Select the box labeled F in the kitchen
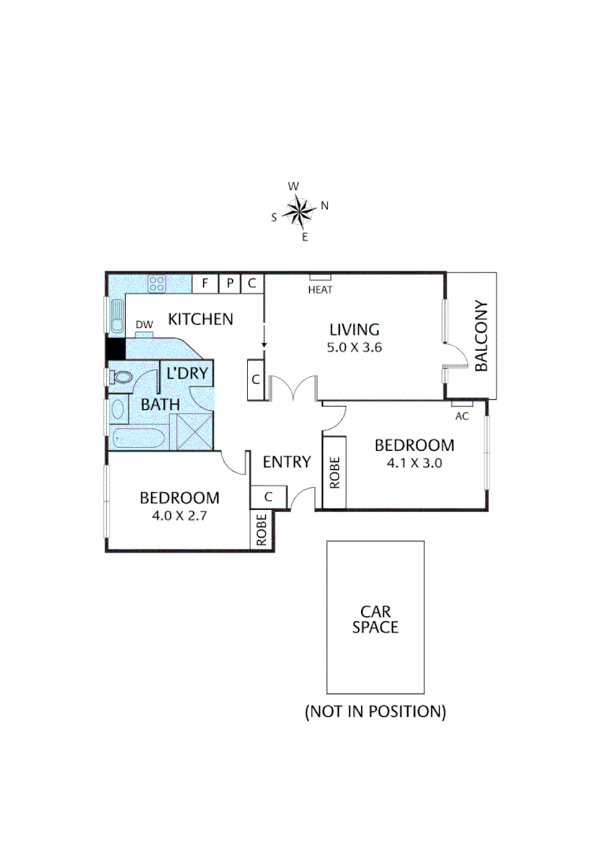pyautogui.click(x=205, y=283)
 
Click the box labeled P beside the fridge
pyautogui.click(x=230, y=283)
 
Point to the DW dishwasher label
pyautogui.click(x=143, y=325)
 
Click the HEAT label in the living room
pyautogui.click(x=320, y=290)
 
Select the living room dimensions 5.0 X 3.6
pyautogui.click(x=354, y=347)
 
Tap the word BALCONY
pyautogui.click(x=481, y=336)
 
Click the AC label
pyautogui.click(x=462, y=416)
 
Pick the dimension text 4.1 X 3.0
pyautogui.click(x=415, y=464)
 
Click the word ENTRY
pyautogui.click(x=286, y=462)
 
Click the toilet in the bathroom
pyautogui.click(x=120, y=378)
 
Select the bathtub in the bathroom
pyautogui.click(x=138, y=439)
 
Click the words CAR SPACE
pyautogui.click(x=375, y=619)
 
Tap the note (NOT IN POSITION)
pyautogui.click(x=375, y=711)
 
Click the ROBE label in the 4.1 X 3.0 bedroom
pyautogui.click(x=334, y=472)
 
